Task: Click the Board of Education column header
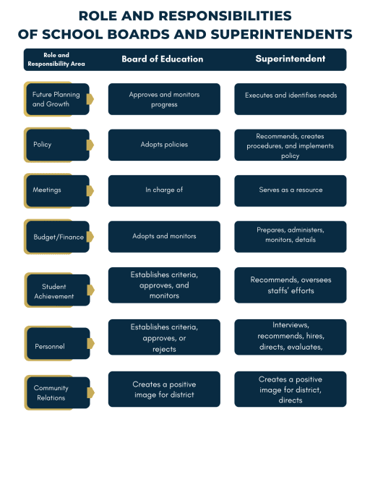pyautogui.click(x=163, y=59)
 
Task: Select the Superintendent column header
pyautogui.click(x=291, y=59)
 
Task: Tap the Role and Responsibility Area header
pyautogui.click(x=56, y=59)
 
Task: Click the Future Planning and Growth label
pyautogui.click(x=56, y=99)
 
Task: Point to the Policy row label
pyautogui.click(x=42, y=145)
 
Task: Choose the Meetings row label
pyautogui.click(x=47, y=190)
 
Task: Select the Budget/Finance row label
pyautogui.click(x=59, y=237)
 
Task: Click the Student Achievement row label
pyautogui.click(x=53, y=291)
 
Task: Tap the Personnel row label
pyautogui.click(x=49, y=346)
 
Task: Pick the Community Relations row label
pyautogui.click(x=51, y=392)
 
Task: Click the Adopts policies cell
pyautogui.click(x=164, y=145)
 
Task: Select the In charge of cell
pyautogui.click(x=164, y=190)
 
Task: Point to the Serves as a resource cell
pyautogui.click(x=291, y=190)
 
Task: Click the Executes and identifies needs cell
pyautogui.click(x=291, y=99)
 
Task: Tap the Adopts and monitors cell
pyautogui.click(x=164, y=237)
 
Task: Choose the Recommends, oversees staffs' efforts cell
pyautogui.click(x=291, y=285)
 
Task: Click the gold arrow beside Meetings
pyautogui.click(x=90, y=190)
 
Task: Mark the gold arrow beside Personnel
pyautogui.click(x=91, y=343)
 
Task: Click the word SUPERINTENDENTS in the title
pyautogui.click(x=281, y=34)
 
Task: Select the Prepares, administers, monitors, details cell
pyautogui.click(x=291, y=237)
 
